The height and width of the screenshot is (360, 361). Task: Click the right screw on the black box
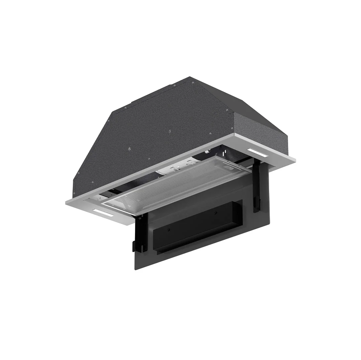point(214,213)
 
